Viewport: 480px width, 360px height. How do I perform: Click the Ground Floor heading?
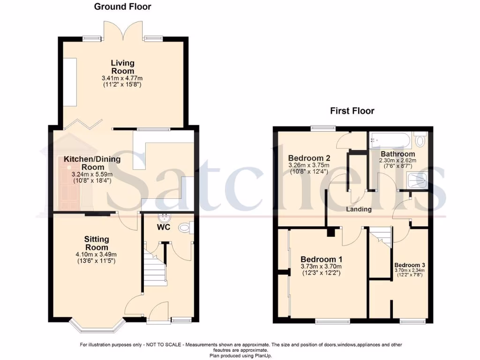tap(123, 7)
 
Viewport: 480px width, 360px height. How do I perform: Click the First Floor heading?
tap(352, 111)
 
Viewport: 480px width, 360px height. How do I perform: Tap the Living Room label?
tap(123, 67)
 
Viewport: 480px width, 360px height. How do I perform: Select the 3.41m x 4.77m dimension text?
tap(122, 78)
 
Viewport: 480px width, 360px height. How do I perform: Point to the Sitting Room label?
tap(97, 243)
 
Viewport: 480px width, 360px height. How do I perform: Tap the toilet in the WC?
tap(186, 228)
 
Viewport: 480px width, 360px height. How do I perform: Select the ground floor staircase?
tap(155, 269)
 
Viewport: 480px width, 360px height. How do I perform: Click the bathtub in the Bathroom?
tap(390, 140)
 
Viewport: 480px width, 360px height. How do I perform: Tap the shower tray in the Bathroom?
tap(417, 180)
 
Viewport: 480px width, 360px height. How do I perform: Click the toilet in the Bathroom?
tap(420, 140)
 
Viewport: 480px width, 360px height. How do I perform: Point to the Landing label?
tap(359, 209)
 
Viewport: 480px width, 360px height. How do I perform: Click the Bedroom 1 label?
tap(318, 259)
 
